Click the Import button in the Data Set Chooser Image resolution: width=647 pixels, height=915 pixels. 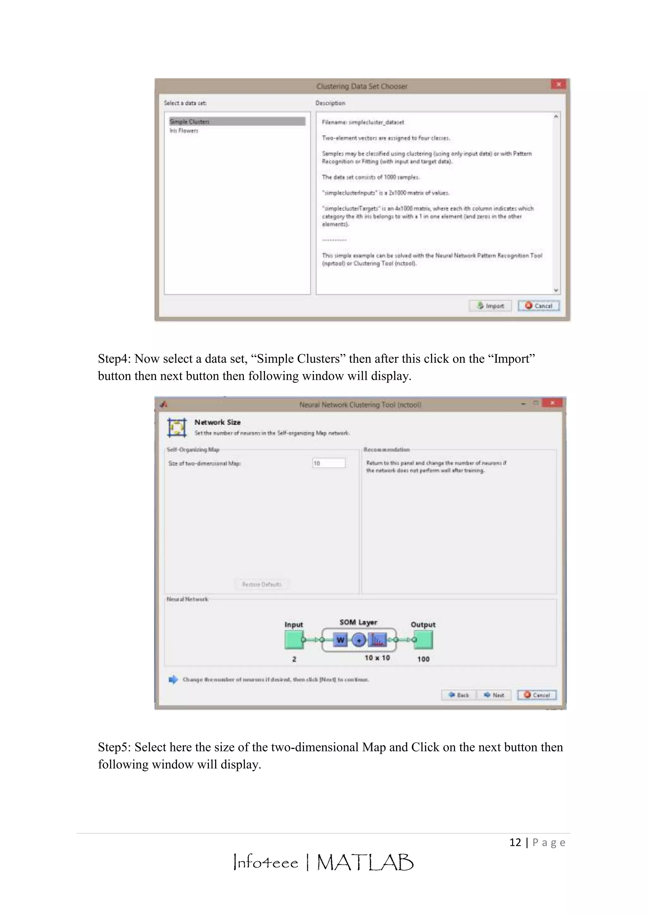[490, 306]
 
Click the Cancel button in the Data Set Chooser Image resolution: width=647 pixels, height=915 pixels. [539, 306]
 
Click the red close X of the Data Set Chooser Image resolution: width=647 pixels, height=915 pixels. [559, 84]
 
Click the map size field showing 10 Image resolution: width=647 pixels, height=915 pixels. [329, 463]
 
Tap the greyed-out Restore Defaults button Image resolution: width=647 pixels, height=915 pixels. [261, 584]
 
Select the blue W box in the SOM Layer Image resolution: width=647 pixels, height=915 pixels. [340, 640]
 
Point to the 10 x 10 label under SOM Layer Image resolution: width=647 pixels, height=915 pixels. [377, 658]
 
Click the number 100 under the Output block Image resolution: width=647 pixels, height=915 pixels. [423, 659]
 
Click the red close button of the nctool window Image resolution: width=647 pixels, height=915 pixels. [552, 403]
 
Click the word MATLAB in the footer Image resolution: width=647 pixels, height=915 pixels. [365, 863]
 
